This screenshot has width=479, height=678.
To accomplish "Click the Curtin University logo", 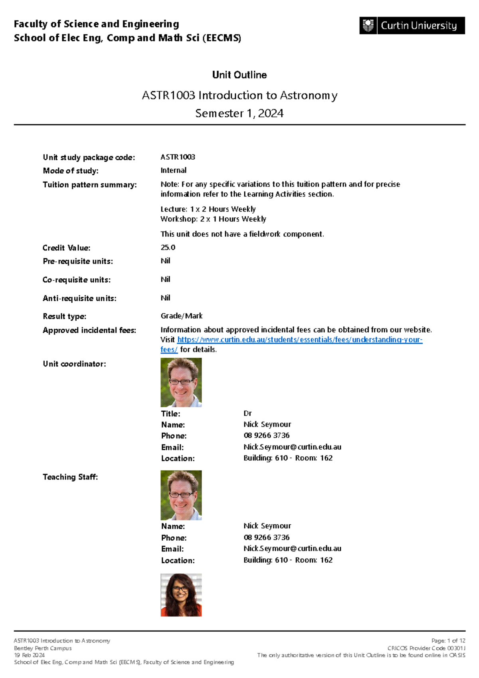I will pos(412,26).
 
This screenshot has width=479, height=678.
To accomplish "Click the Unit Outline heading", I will pos(239,75).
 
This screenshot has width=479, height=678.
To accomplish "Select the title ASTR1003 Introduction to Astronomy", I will pos(239,95).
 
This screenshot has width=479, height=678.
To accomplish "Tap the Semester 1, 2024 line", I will pos(239,113).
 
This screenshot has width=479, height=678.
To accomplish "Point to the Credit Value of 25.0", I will pos(168,248).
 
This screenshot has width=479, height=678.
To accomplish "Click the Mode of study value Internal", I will pos(174,170).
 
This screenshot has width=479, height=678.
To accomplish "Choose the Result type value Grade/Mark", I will pos(182,316).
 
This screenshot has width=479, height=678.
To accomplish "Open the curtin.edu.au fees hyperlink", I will pos(299,340).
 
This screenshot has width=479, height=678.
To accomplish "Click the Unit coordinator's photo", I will pos(181,382).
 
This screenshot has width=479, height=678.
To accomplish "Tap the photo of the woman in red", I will pos(181,595).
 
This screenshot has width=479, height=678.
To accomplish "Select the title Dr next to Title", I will pos(247,413).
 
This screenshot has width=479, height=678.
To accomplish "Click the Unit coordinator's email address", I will pos(292,447).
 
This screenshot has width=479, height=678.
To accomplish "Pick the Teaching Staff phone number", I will pos(267,537).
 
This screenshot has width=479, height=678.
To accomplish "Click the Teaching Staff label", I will pos(70,477).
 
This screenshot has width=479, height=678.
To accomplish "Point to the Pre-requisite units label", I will pos(78,261).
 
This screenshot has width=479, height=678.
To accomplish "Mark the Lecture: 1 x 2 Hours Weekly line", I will pos(208,209).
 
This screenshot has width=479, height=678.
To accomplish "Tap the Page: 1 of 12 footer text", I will pos(448,641).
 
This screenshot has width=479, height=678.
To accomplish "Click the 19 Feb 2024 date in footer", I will pos(29,655).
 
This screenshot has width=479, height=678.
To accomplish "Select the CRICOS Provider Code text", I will pos(426,648).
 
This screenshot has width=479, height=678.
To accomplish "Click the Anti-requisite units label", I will pos(79,298).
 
